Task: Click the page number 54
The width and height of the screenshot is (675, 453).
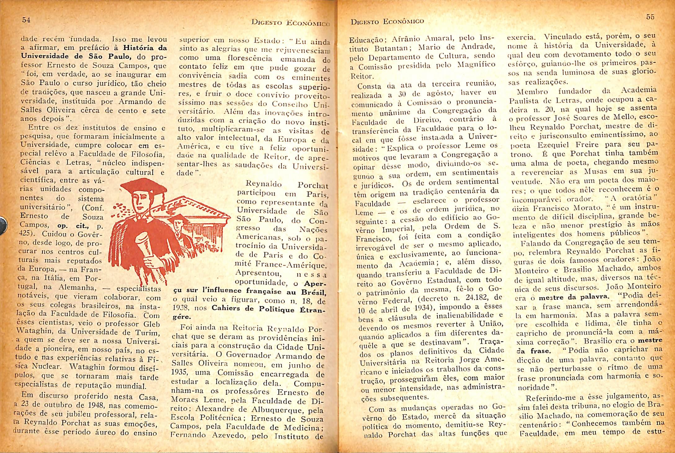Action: (26, 20)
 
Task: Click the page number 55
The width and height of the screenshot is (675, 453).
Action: (650, 17)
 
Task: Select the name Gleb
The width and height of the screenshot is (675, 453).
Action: (152, 324)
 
